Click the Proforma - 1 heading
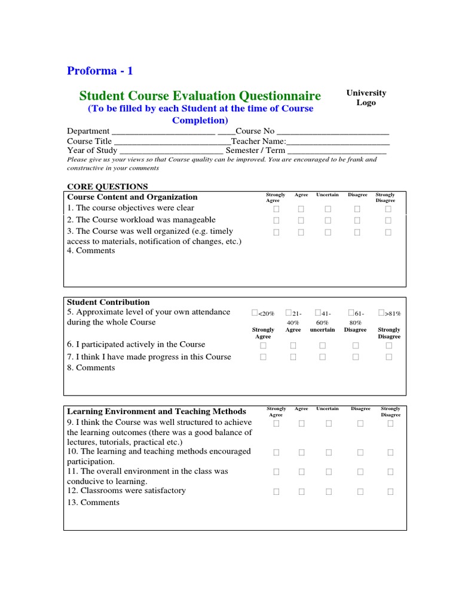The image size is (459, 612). (100, 71)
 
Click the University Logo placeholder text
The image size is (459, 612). (366, 97)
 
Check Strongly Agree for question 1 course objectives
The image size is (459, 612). (276, 209)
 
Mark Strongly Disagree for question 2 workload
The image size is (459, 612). (388, 221)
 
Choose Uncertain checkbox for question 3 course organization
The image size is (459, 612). (328, 232)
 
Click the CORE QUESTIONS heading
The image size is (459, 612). (107, 186)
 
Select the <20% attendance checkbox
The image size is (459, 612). (255, 313)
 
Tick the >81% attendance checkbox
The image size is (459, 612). (381, 313)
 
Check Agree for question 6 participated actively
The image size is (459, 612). (293, 345)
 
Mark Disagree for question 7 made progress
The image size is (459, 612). (356, 357)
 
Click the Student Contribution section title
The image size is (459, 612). (108, 302)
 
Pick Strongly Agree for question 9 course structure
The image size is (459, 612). (276, 424)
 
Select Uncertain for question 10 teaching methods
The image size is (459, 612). (329, 452)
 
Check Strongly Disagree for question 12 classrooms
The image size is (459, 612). (390, 492)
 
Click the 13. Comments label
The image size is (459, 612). (93, 503)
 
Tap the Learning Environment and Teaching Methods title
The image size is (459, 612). (157, 411)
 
